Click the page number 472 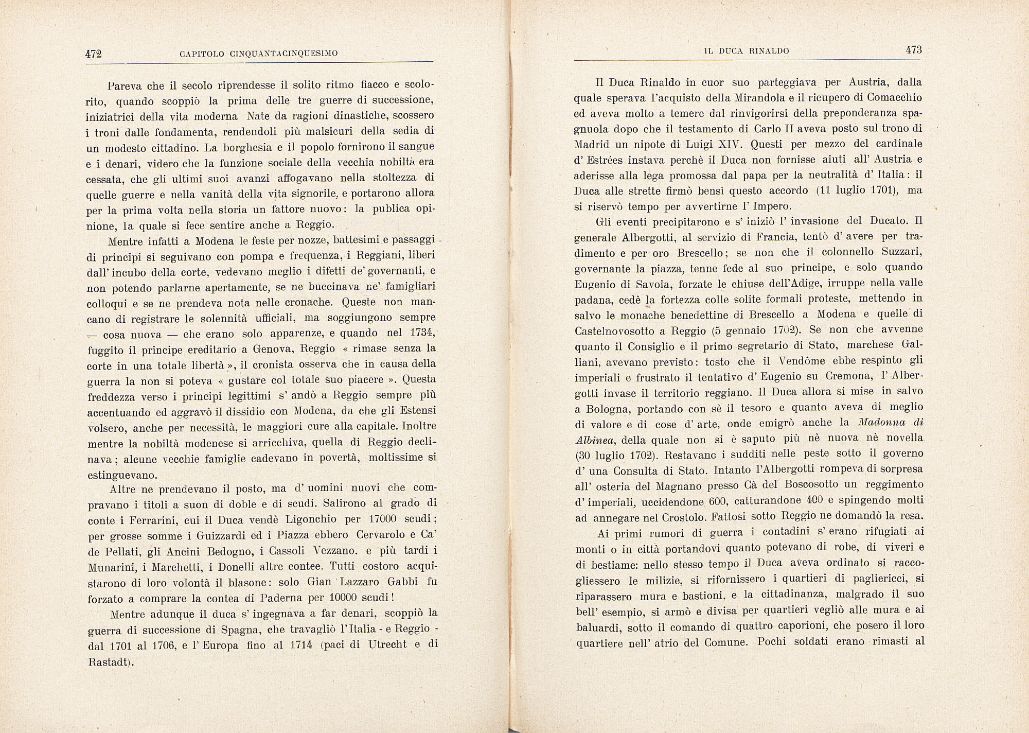(95, 54)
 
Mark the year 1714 (299, 644)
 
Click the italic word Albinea (596, 440)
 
